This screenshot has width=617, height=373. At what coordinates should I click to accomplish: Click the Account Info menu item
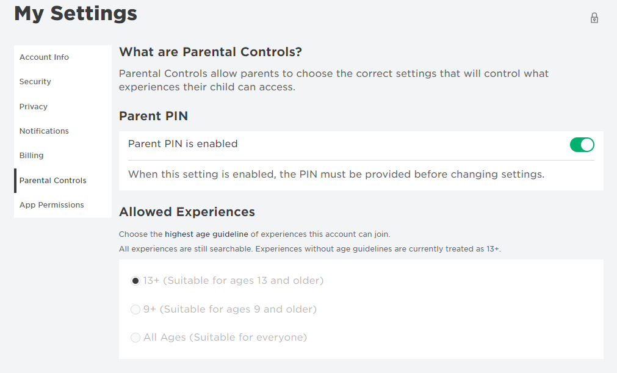(44, 57)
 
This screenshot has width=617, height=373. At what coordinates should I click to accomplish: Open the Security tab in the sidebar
(35, 81)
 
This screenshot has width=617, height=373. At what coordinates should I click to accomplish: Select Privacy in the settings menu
(34, 107)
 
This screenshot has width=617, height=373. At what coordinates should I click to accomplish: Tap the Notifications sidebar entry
(44, 131)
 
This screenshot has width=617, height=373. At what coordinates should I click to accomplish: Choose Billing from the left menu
(32, 156)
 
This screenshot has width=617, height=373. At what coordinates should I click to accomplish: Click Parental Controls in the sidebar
(52, 181)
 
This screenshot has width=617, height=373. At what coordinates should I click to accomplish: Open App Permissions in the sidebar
(51, 205)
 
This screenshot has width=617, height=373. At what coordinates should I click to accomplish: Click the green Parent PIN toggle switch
(582, 145)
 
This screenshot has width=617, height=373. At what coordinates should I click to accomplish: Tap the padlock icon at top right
(594, 18)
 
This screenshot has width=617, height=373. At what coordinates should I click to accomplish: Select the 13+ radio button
(135, 281)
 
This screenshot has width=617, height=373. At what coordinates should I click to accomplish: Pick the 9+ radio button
(135, 310)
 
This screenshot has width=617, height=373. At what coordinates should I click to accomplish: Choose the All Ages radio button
(135, 338)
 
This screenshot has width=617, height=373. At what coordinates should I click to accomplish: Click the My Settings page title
(76, 13)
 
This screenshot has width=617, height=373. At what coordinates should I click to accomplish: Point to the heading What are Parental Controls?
(211, 52)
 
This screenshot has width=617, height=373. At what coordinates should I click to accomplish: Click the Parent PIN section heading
(153, 116)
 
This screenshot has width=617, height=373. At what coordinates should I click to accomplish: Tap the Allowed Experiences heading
(187, 212)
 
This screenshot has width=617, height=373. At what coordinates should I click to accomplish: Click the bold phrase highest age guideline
(207, 234)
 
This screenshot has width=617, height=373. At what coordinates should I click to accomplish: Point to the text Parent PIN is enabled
(183, 144)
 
